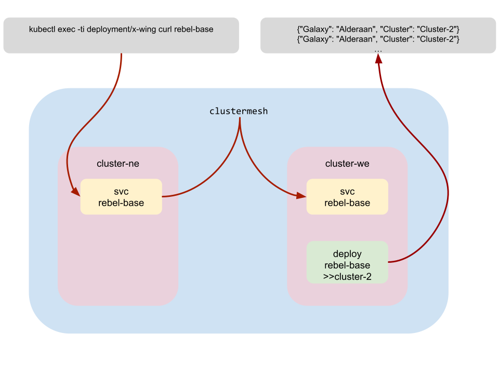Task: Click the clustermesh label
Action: (239, 111)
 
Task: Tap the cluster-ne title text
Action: (118, 164)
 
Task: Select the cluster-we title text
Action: (347, 164)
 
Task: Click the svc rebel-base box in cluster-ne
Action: (121, 197)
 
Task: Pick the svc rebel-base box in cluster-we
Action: (347, 197)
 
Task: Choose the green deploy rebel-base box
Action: (347, 262)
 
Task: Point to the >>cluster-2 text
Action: (347, 277)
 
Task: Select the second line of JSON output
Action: (378, 38)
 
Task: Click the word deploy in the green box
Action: (347, 254)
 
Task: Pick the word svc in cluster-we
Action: (347, 192)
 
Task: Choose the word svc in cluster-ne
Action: (121, 192)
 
